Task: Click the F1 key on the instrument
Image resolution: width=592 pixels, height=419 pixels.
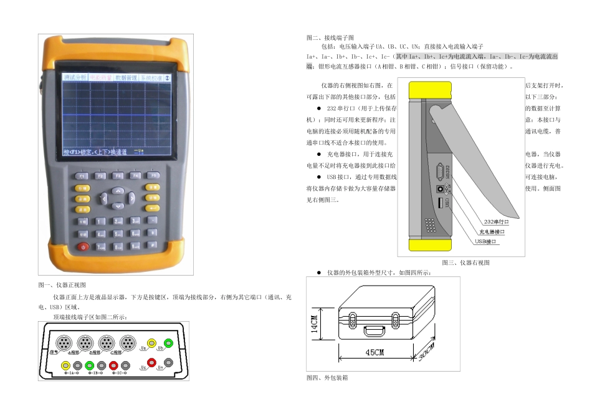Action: click(x=81, y=176)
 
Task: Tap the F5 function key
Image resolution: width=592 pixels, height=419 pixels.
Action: click(x=151, y=175)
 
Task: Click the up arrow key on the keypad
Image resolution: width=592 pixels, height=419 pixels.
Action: click(x=117, y=190)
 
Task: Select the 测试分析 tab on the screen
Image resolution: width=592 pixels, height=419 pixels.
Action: click(x=75, y=78)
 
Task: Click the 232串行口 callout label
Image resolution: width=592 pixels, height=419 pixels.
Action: click(x=497, y=221)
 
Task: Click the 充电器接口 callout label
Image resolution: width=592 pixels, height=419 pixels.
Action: click(x=492, y=231)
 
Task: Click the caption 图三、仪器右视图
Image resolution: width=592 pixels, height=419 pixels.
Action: click(x=465, y=263)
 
